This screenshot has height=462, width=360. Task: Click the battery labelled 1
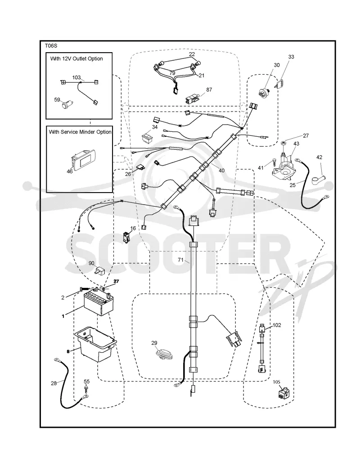[x=99, y=304]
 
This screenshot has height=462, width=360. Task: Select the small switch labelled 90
[x=98, y=270]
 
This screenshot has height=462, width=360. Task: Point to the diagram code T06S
[x=51, y=46]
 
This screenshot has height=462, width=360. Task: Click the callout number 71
[x=181, y=260]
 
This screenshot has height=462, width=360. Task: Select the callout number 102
[x=277, y=325]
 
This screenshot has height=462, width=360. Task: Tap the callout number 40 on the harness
[x=221, y=170]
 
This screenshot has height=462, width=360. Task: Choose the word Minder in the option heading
[x=88, y=132]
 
